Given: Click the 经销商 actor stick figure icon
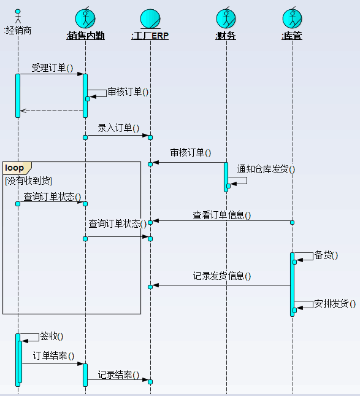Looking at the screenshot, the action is coord(18,16).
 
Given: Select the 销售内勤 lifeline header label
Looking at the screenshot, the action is coord(85,36).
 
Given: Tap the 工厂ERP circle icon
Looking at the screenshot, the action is coord(150,19).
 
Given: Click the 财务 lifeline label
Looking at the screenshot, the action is coord(226,36).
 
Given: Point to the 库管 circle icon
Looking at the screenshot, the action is coord(292,18).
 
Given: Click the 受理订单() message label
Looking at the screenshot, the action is coord(52,68).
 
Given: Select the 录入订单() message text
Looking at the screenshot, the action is coord(118,128).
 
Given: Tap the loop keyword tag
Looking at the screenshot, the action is coord(14,168).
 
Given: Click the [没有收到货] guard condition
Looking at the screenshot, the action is coord(28,181).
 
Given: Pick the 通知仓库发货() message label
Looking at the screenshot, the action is coord(266,169).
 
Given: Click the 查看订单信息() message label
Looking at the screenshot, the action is coord(222,215).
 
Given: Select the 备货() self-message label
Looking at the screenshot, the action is coord(326,255).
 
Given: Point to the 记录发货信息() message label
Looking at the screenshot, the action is coord(222,276).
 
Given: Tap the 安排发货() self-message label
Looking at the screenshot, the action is coord(335,303).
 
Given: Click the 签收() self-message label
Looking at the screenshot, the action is coord(52,336).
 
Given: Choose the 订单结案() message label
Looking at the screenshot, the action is coord(53,356).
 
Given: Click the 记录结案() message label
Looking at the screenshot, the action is coord(118,375).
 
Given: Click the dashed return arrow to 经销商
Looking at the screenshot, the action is coord(52,111).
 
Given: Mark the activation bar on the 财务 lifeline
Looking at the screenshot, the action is coord(226,177).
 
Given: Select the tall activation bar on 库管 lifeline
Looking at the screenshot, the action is coord(292,284).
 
